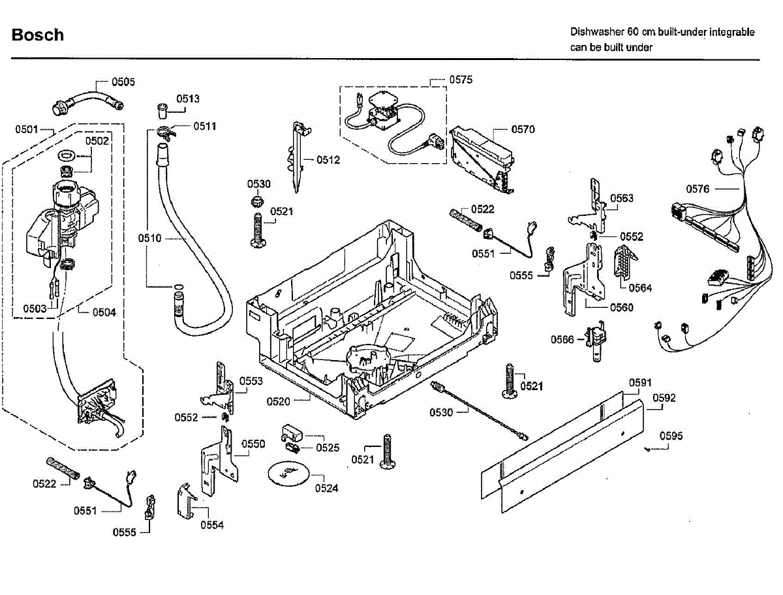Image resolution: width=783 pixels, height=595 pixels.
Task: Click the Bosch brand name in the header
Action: pos(38,35)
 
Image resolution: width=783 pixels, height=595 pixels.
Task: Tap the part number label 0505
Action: pos(123,82)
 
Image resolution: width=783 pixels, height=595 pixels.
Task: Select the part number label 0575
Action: pos(461,80)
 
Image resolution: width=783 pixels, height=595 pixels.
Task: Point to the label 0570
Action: pos(523,129)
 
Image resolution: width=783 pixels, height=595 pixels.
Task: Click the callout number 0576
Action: pos(698,189)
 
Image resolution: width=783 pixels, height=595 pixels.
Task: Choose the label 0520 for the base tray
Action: pos(278,401)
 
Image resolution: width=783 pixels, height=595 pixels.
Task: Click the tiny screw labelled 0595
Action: pos(648,450)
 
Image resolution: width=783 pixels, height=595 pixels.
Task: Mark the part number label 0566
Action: pos(562,339)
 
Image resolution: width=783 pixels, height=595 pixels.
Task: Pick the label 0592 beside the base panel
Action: pos(664,397)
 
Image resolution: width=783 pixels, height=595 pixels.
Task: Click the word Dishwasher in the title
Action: pos(596,32)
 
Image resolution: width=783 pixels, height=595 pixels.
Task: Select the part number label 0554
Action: pos(212,525)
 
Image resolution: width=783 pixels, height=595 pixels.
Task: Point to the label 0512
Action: pos(328,160)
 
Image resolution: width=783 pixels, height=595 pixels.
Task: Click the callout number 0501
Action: pos(27,129)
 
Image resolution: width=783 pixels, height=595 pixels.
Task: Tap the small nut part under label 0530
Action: pos(257,201)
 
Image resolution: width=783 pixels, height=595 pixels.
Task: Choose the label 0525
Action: pos(328,448)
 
